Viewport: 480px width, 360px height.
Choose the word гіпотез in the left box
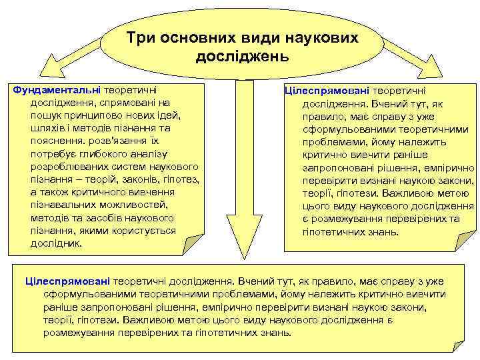coord(181,179)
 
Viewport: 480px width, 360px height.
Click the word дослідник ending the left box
coord(55,243)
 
